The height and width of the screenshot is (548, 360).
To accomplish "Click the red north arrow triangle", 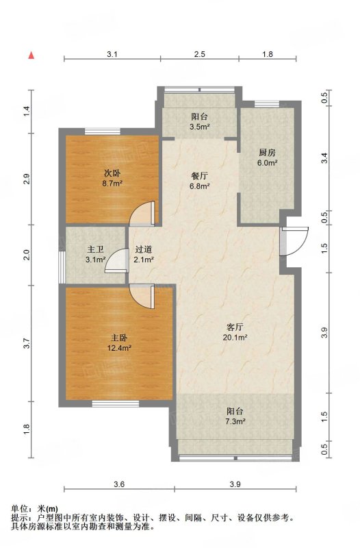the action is click(x=31, y=55).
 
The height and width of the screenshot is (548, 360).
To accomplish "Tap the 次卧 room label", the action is click(x=112, y=173).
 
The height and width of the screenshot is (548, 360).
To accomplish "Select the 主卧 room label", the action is click(x=119, y=338).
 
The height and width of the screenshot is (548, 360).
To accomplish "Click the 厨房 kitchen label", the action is click(x=267, y=152).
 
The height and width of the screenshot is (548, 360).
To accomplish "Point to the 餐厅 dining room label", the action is click(x=199, y=175).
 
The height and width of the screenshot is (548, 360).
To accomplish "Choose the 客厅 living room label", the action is click(x=235, y=327).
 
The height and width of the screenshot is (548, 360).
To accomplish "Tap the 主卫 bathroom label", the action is click(x=95, y=249).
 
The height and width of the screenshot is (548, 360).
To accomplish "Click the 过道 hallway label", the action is click(x=144, y=249).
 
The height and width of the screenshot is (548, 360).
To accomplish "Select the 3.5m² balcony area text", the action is click(x=199, y=127).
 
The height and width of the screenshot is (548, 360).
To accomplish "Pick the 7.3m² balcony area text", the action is click(x=235, y=421).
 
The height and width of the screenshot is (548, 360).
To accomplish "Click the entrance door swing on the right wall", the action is click(x=295, y=242).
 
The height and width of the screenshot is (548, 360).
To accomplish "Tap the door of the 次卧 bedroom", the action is click(x=142, y=213).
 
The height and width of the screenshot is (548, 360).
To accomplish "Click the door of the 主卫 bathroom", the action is click(x=116, y=260).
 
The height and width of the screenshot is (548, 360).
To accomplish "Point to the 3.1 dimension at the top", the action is click(x=112, y=54).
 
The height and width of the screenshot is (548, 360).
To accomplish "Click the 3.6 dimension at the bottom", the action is click(x=119, y=484).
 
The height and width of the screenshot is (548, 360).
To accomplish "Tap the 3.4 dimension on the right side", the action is click(x=324, y=158).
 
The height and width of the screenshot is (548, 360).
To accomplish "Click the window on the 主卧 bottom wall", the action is click(x=116, y=404).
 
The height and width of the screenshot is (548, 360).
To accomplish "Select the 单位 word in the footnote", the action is click(x=20, y=509).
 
